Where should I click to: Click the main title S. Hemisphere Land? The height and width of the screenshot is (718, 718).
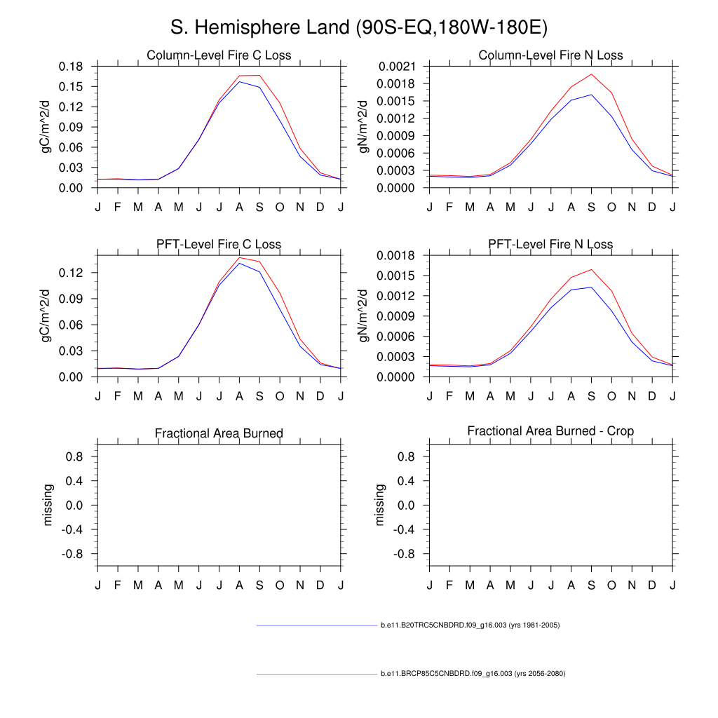pyautogui.click(x=359, y=28)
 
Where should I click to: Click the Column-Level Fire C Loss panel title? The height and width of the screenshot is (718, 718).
pyautogui.click(x=219, y=55)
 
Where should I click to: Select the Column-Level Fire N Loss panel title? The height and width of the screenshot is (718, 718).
pyautogui.click(x=550, y=55)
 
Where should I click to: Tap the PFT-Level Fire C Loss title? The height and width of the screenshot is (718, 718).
pyautogui.click(x=219, y=245)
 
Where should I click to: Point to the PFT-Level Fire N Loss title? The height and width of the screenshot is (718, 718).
pyautogui.click(x=550, y=245)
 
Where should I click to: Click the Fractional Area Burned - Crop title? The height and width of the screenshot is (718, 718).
pyautogui.click(x=550, y=431)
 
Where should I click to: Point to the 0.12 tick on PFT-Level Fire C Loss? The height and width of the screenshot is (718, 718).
pyautogui.click(x=74, y=272)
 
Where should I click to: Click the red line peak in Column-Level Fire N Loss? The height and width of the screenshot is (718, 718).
pyautogui.click(x=591, y=74)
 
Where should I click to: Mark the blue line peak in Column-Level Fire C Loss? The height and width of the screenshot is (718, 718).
pyautogui.click(x=240, y=82)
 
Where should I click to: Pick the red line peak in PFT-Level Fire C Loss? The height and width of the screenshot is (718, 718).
pyautogui.click(x=240, y=257)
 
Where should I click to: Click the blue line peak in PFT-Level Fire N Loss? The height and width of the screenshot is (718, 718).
pyautogui.click(x=591, y=287)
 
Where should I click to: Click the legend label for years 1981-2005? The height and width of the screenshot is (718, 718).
pyautogui.click(x=470, y=625)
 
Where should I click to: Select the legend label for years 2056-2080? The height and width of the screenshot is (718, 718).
pyautogui.click(x=473, y=674)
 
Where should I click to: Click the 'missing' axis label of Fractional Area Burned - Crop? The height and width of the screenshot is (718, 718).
pyautogui.click(x=380, y=505)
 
